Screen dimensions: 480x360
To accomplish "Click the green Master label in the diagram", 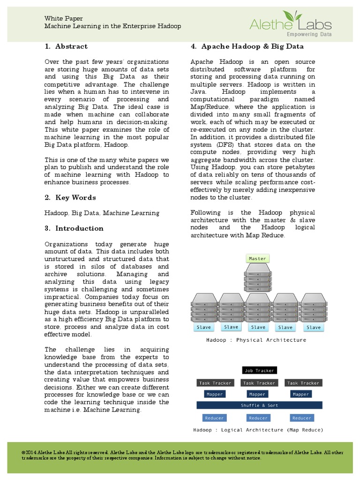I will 257,258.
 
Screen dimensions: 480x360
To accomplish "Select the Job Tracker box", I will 259,370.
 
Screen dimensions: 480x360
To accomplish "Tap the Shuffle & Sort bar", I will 259,405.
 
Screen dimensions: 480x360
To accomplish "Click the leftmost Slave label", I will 203,327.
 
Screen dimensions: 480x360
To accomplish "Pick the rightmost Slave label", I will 314,327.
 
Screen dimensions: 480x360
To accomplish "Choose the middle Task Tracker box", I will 259,383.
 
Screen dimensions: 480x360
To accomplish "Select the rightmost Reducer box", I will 301,418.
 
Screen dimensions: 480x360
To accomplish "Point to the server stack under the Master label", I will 257,277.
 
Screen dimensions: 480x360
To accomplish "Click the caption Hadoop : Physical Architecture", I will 256,340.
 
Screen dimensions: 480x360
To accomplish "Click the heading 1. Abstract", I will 66,46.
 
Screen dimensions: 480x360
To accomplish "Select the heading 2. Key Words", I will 70,197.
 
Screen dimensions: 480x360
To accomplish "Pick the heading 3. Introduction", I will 74,228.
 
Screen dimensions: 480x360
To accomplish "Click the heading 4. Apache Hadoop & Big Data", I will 247,46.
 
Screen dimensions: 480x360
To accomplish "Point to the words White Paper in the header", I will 60,18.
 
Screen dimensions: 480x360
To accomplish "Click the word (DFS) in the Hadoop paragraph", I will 224,145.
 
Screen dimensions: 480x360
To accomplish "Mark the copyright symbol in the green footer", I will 23,452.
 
